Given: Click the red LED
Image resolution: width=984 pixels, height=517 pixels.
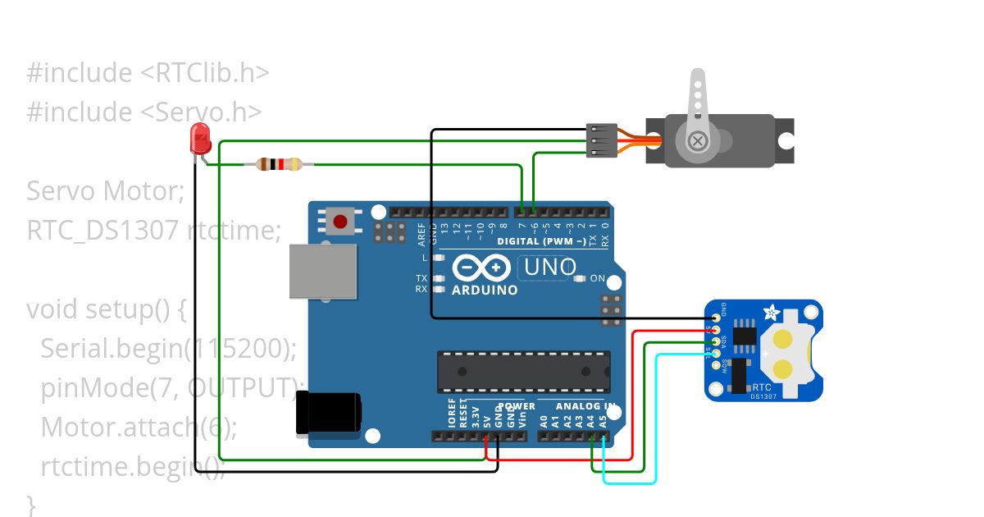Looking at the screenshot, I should click(200, 139).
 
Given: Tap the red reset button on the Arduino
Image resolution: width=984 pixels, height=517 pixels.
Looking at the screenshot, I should click(340, 220).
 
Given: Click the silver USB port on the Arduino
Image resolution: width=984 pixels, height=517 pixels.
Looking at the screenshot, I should click(323, 272).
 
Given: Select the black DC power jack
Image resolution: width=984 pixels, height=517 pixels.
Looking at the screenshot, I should click(328, 412).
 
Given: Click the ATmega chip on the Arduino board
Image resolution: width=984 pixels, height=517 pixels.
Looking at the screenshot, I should click(524, 372).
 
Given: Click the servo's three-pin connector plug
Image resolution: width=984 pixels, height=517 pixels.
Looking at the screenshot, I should click(603, 140).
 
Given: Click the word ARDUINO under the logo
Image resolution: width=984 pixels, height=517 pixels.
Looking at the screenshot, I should click(485, 290).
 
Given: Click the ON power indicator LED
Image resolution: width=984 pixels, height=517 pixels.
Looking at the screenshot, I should click(580, 279).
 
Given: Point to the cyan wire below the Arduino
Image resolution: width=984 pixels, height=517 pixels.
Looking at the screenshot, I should click(631, 483).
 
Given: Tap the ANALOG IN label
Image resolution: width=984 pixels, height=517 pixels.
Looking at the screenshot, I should click(585, 406).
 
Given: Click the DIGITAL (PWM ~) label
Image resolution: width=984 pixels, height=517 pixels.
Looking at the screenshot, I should click(541, 241).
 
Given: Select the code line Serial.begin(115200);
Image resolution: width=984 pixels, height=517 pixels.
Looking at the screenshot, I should click(168, 348).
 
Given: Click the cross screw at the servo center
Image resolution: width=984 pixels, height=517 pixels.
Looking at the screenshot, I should click(698, 141).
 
